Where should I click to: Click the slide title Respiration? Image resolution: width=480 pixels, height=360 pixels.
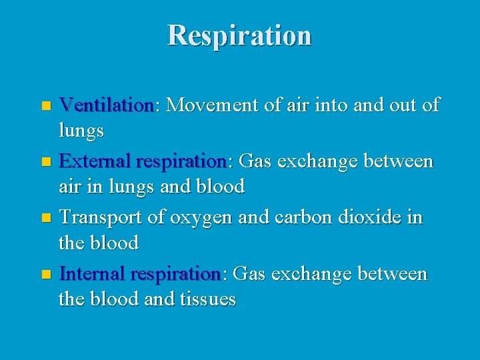(x=239, y=35)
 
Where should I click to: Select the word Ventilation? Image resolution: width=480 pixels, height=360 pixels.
(x=106, y=105)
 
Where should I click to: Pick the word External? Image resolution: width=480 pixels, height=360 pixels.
(x=95, y=161)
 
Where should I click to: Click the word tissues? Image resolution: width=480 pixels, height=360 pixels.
(x=208, y=300)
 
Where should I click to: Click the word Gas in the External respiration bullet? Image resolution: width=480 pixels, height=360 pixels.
(x=254, y=161)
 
